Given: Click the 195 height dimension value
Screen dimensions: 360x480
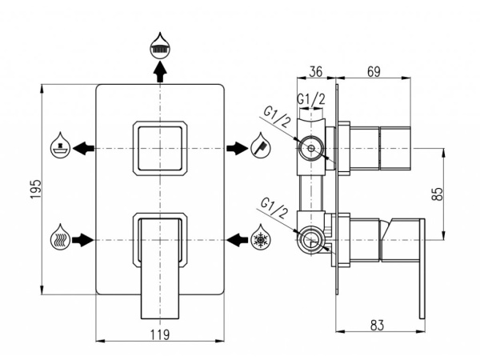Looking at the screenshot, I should [x=34, y=190].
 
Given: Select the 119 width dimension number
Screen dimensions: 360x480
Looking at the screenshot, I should [x=160, y=335].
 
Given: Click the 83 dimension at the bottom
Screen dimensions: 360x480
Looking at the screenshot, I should [x=378, y=326].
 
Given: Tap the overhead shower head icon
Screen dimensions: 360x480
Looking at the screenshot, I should [x=160, y=46].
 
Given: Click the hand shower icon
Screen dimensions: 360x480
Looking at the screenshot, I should [x=259, y=147].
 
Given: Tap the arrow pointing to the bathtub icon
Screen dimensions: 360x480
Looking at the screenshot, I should [x=83, y=148].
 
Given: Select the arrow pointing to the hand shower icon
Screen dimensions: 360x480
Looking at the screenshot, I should [x=237, y=148].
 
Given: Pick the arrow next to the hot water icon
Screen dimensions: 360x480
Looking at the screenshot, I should [x=83, y=238].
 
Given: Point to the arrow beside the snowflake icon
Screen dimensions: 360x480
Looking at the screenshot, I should [x=237, y=238].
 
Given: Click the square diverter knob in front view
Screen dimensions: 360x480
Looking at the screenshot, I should [x=160, y=148].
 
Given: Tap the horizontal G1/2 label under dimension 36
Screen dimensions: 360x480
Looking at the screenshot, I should [x=311, y=98].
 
